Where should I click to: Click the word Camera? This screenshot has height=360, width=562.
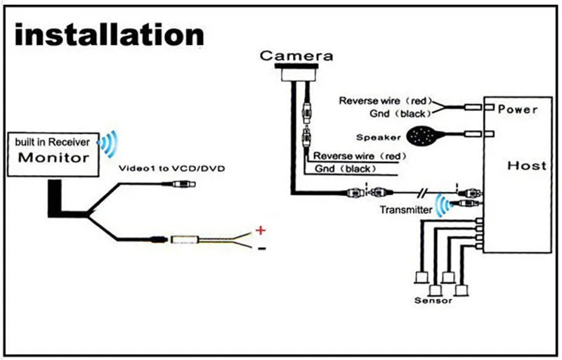pyautogui.click(x=296, y=56)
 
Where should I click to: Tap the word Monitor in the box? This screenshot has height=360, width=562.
pyautogui.click(x=54, y=157)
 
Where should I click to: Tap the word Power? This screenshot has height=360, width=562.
pyautogui.click(x=518, y=110)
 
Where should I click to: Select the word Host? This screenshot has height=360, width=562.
pyautogui.click(x=526, y=166)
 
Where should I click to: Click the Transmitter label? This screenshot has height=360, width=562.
pyautogui.click(x=405, y=210)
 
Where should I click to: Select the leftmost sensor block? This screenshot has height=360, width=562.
pyautogui.click(x=422, y=276)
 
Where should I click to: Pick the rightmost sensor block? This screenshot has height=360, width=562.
pyautogui.click(x=462, y=288)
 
